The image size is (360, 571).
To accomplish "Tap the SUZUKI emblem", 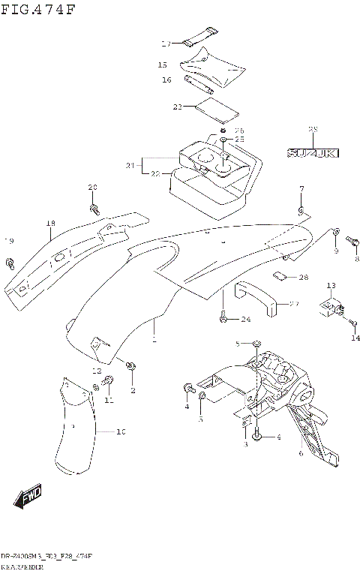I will pos(313,153).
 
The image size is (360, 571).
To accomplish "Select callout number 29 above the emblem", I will pos(313,130).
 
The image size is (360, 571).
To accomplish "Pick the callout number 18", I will pos(50,223).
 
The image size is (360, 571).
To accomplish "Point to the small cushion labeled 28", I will pos(282,275).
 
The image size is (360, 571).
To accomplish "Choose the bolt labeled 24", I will pos(223,320).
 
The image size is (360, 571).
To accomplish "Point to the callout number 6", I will pos(301,452).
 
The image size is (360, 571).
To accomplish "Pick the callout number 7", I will pos(301,188).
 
